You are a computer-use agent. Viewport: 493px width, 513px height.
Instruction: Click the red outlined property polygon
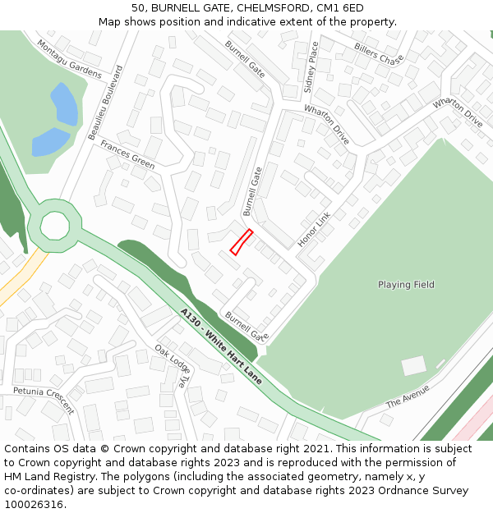pyautogui.click(x=240, y=242)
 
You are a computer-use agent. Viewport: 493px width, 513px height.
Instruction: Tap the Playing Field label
pyautogui.click(x=406, y=285)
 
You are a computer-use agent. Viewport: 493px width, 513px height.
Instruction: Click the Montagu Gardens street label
pyautogui.click(x=69, y=59)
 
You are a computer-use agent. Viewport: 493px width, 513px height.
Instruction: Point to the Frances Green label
pyautogui.click(x=127, y=154)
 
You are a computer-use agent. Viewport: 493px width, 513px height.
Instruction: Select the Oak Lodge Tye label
pyautogui.click(x=171, y=366)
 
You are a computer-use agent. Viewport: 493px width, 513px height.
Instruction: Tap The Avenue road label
pyautogui.click(x=408, y=395)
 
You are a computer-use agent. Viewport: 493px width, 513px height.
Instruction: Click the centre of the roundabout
pyautogui.click(x=55, y=224)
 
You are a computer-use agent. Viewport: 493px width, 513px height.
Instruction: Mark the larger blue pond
pyautogui.click(x=65, y=104)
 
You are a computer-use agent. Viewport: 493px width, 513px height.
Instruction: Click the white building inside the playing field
pyautogui.click(x=413, y=365)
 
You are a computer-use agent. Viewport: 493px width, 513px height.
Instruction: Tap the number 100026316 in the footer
pyautogui.click(x=33, y=504)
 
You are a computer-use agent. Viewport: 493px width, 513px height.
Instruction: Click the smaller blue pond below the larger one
pyautogui.click(x=49, y=142)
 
